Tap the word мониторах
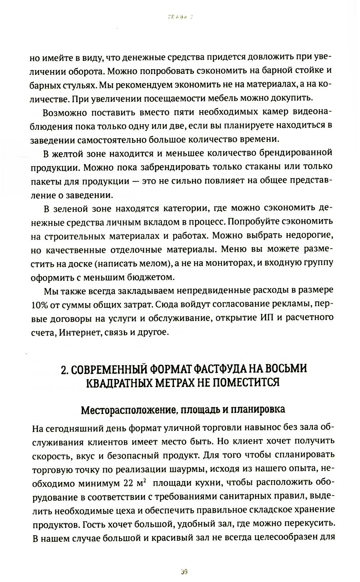(223, 263)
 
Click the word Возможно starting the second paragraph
(65, 113)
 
